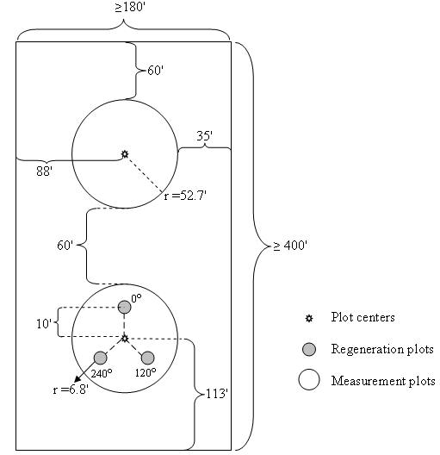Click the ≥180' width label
[x=129, y=7]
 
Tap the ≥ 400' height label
[x=289, y=246]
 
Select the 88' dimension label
[x=45, y=171]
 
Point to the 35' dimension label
[x=204, y=136]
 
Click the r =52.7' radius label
[x=185, y=196]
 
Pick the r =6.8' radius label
[x=71, y=390]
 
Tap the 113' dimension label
[x=216, y=394]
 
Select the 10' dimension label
[x=44, y=324]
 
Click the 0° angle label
[x=137, y=298]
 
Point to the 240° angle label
[x=102, y=373]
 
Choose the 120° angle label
[x=146, y=372]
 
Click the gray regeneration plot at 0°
[x=124, y=307]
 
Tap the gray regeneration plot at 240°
[x=101, y=358]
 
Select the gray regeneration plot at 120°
[x=148, y=358]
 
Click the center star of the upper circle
[x=125, y=154]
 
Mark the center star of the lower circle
[x=125, y=339]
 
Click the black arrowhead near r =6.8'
[x=78, y=378]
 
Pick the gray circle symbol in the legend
[x=309, y=349]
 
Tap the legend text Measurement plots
[x=383, y=381]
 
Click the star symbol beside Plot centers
[x=309, y=318]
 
